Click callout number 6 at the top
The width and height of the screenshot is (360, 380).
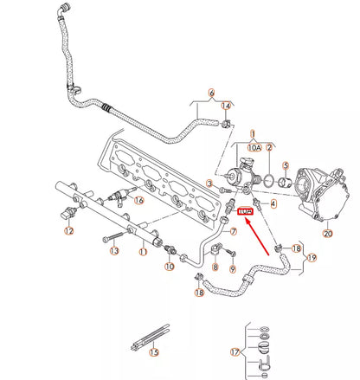[210, 93]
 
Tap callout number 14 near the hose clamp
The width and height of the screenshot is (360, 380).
[227, 106]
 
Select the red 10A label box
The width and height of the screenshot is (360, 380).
[245, 214]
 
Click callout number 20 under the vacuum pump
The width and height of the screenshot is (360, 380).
[327, 232]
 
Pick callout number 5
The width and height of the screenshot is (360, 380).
[286, 164]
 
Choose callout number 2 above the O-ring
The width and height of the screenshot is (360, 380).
[269, 149]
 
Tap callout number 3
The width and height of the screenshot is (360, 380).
[209, 185]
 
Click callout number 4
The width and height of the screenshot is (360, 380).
[273, 204]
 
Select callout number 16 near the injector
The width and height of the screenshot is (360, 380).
[138, 200]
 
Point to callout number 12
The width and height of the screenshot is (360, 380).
[68, 231]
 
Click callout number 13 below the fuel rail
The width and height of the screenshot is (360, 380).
[113, 251]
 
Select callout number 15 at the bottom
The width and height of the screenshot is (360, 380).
[154, 352]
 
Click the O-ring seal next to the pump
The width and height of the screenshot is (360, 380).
[270, 182]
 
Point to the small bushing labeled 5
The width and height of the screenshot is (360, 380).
[286, 182]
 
